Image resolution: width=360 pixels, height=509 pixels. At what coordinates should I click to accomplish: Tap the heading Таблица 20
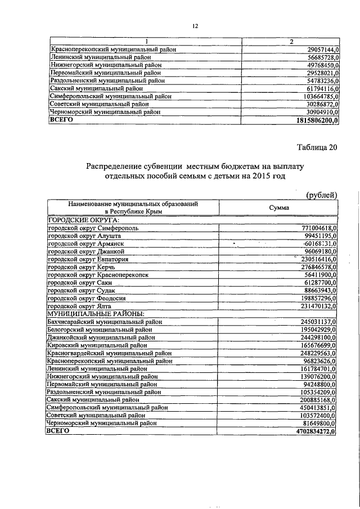pyautogui.click(x=317, y=148)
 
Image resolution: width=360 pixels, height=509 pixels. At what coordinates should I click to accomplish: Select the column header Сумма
pyautogui.click(x=279, y=208)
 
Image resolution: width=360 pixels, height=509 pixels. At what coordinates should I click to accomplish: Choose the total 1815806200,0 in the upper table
pyautogui.click(x=316, y=120)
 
